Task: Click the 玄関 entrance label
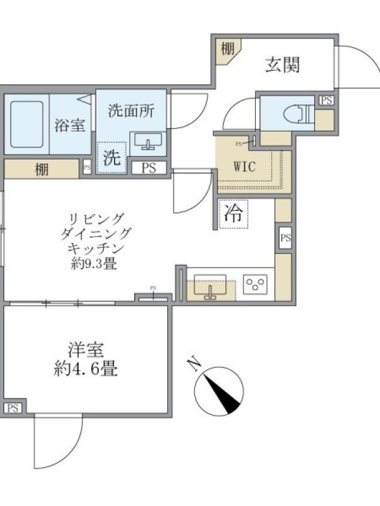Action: coord(282,65)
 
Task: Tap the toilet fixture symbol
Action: coord(298,114)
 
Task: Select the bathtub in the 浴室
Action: coord(27,124)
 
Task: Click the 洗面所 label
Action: coord(131,111)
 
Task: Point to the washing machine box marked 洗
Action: coord(112,157)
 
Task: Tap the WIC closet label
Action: coord(244,166)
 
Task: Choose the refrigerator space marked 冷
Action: coord(233,214)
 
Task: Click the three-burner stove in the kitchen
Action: coord(255,284)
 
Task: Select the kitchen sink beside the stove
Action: coord(210,287)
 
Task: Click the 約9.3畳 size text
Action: coord(94,264)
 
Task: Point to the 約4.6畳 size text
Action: coord(85,369)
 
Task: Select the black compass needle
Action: coord(222,393)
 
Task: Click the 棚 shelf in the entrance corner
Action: coord(228,49)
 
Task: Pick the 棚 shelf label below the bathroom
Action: coord(42,170)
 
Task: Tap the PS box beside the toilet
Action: coord(326,101)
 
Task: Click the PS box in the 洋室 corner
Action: coord(13,408)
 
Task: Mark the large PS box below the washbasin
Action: coord(149,168)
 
